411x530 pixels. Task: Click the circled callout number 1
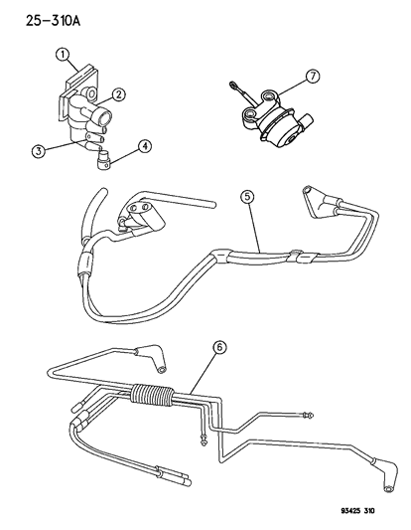[64, 55]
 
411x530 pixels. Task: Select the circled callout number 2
[117, 95]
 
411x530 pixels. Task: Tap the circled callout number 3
[38, 150]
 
